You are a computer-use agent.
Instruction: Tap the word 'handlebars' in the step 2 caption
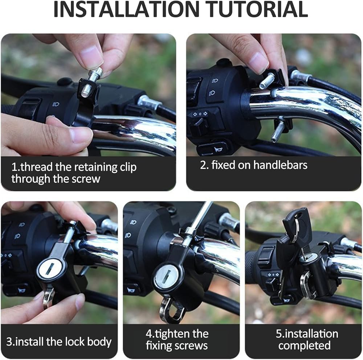(280, 165)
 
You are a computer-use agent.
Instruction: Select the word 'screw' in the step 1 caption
(86, 179)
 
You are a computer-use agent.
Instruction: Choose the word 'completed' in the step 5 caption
(305, 345)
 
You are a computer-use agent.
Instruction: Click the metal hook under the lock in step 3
(48, 298)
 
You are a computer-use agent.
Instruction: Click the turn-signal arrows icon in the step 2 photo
(200, 114)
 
